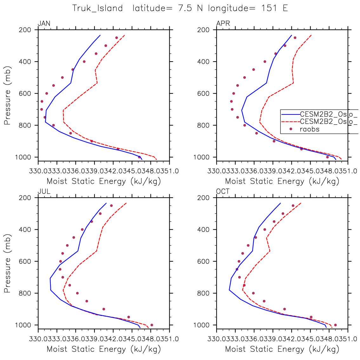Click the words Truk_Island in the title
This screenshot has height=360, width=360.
click(x=97, y=8)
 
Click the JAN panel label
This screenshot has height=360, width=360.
click(x=44, y=23)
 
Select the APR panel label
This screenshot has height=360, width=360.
click(x=223, y=23)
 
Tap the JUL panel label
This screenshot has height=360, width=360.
click(x=44, y=191)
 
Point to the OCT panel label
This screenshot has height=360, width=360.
click(x=223, y=191)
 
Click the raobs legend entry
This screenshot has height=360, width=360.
click(x=309, y=129)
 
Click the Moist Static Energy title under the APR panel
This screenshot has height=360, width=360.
click(x=282, y=181)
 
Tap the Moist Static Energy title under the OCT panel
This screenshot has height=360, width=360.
click(x=282, y=349)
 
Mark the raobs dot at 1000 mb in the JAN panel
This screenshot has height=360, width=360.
click(x=139, y=157)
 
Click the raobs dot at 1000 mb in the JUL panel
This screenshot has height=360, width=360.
click(x=152, y=325)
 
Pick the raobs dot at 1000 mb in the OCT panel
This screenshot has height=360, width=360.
click(x=335, y=325)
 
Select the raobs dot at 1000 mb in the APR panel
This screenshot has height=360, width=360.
click(x=327, y=157)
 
